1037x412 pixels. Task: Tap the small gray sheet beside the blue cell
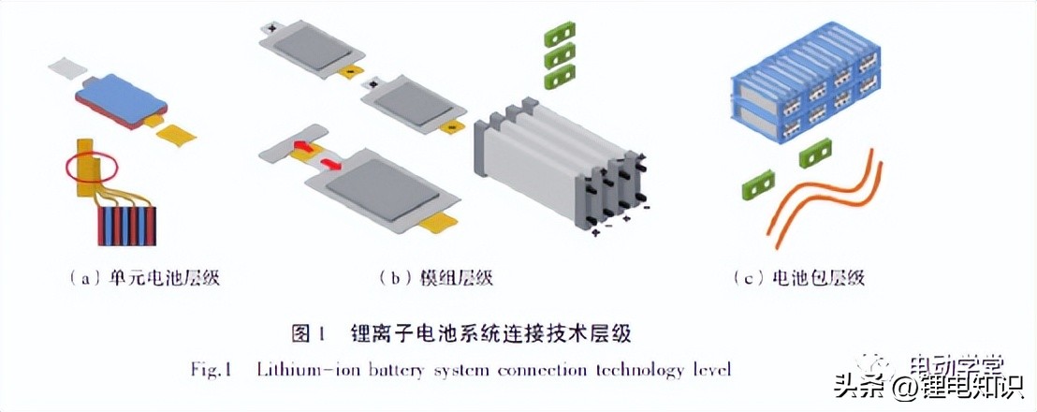(65, 67)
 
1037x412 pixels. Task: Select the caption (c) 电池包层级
(799, 277)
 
